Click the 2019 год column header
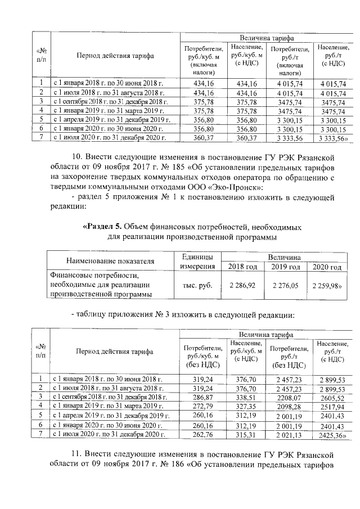285,267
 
